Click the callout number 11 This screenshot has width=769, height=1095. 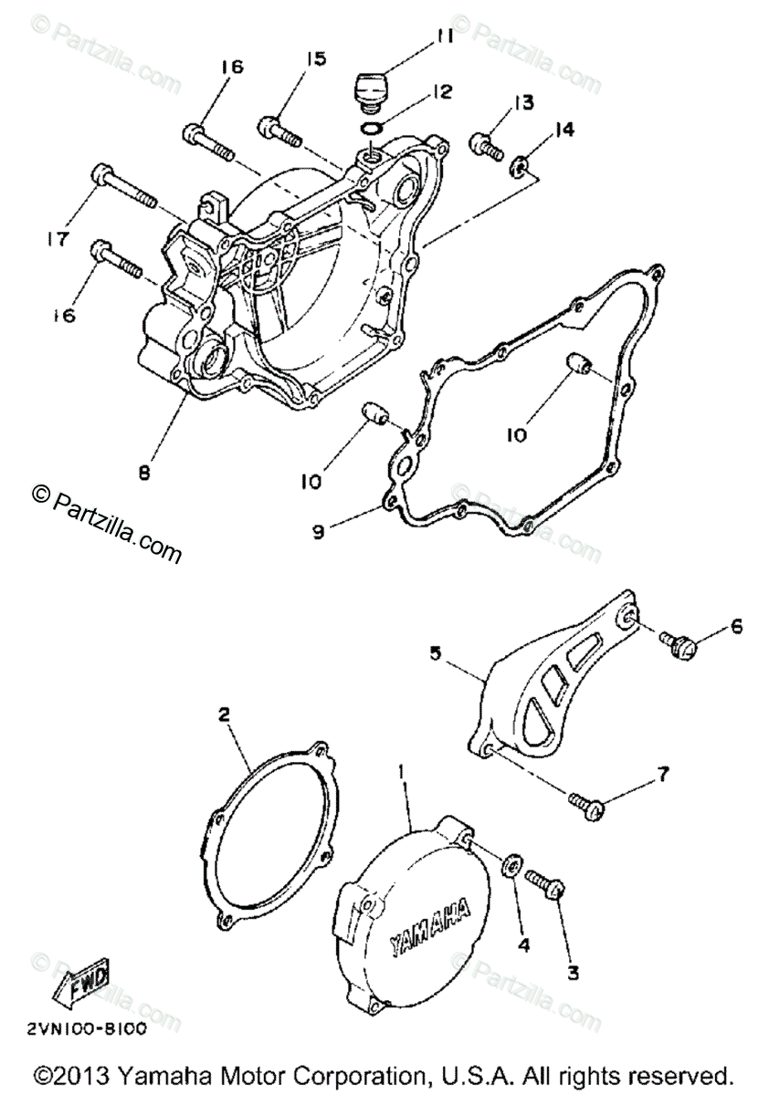click(444, 37)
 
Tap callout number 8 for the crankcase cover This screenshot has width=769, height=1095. click(142, 472)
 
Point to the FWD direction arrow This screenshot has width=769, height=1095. click(83, 983)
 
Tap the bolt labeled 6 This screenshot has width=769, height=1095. click(680, 644)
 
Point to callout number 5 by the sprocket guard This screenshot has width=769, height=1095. click(436, 653)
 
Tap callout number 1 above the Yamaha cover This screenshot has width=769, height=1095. click(399, 772)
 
